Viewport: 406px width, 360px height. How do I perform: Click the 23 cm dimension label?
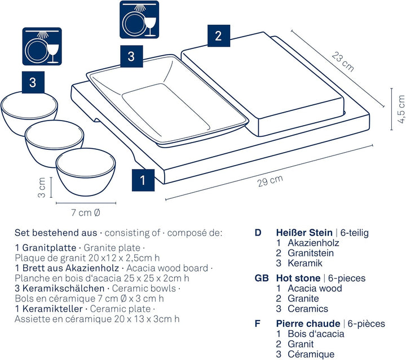[343, 62]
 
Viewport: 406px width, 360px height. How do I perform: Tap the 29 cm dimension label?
[270, 181]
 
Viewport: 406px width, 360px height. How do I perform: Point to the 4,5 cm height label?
[401, 109]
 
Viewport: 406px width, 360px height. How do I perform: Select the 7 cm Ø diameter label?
[86, 212]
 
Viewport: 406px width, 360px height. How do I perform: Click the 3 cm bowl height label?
[42, 188]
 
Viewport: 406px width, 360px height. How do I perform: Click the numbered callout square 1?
[143, 180]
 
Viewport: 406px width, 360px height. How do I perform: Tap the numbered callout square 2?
[219, 35]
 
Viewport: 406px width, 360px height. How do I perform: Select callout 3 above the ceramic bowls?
[33, 82]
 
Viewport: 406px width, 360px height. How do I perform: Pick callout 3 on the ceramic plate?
[131, 56]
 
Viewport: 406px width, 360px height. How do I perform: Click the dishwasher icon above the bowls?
[42, 47]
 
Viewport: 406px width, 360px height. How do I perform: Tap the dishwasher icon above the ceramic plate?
[139, 20]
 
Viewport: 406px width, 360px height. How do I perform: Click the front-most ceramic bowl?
[86, 172]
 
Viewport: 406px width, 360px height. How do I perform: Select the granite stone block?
[263, 84]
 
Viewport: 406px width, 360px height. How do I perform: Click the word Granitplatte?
[49, 248]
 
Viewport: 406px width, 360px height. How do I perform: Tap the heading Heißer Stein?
[304, 233]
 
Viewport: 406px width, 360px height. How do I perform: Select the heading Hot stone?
[298, 278]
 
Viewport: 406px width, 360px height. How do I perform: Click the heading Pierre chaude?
[308, 323]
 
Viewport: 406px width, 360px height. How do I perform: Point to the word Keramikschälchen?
[63, 288]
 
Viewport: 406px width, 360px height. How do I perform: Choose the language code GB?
[262, 278]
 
